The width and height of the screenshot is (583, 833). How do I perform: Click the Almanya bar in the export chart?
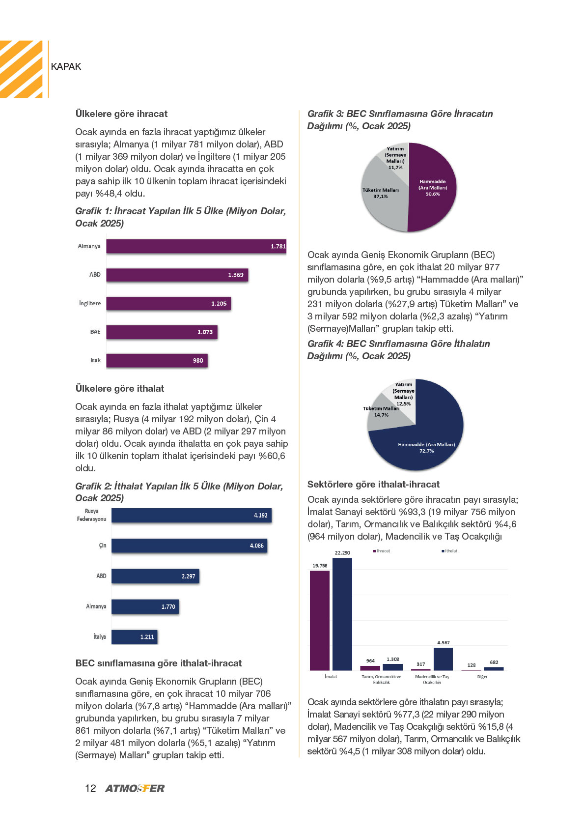(x=196, y=246)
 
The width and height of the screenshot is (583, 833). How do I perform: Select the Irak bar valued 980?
(x=157, y=360)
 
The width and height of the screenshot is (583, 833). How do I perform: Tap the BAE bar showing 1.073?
(x=162, y=332)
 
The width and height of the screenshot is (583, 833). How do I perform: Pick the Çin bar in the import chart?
(x=189, y=546)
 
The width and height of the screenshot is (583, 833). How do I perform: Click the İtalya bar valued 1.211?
(x=135, y=636)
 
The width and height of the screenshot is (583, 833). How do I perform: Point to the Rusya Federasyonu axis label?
(x=91, y=515)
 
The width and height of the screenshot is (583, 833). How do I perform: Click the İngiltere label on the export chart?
(x=90, y=303)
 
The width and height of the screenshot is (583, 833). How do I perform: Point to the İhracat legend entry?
(x=382, y=551)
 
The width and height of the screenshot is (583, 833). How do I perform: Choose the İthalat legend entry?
(x=449, y=551)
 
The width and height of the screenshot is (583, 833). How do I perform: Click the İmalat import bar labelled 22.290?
(x=342, y=614)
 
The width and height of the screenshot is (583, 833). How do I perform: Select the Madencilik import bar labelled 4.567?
(x=444, y=659)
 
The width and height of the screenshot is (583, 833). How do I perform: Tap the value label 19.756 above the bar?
(x=320, y=566)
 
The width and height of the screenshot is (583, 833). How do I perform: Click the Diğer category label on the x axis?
(x=482, y=676)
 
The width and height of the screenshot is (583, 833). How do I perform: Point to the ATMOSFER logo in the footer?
(x=135, y=788)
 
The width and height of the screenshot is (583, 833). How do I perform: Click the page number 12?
(x=90, y=788)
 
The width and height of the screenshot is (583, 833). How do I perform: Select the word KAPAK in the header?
(x=66, y=66)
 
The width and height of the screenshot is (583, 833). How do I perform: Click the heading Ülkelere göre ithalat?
(x=120, y=389)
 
